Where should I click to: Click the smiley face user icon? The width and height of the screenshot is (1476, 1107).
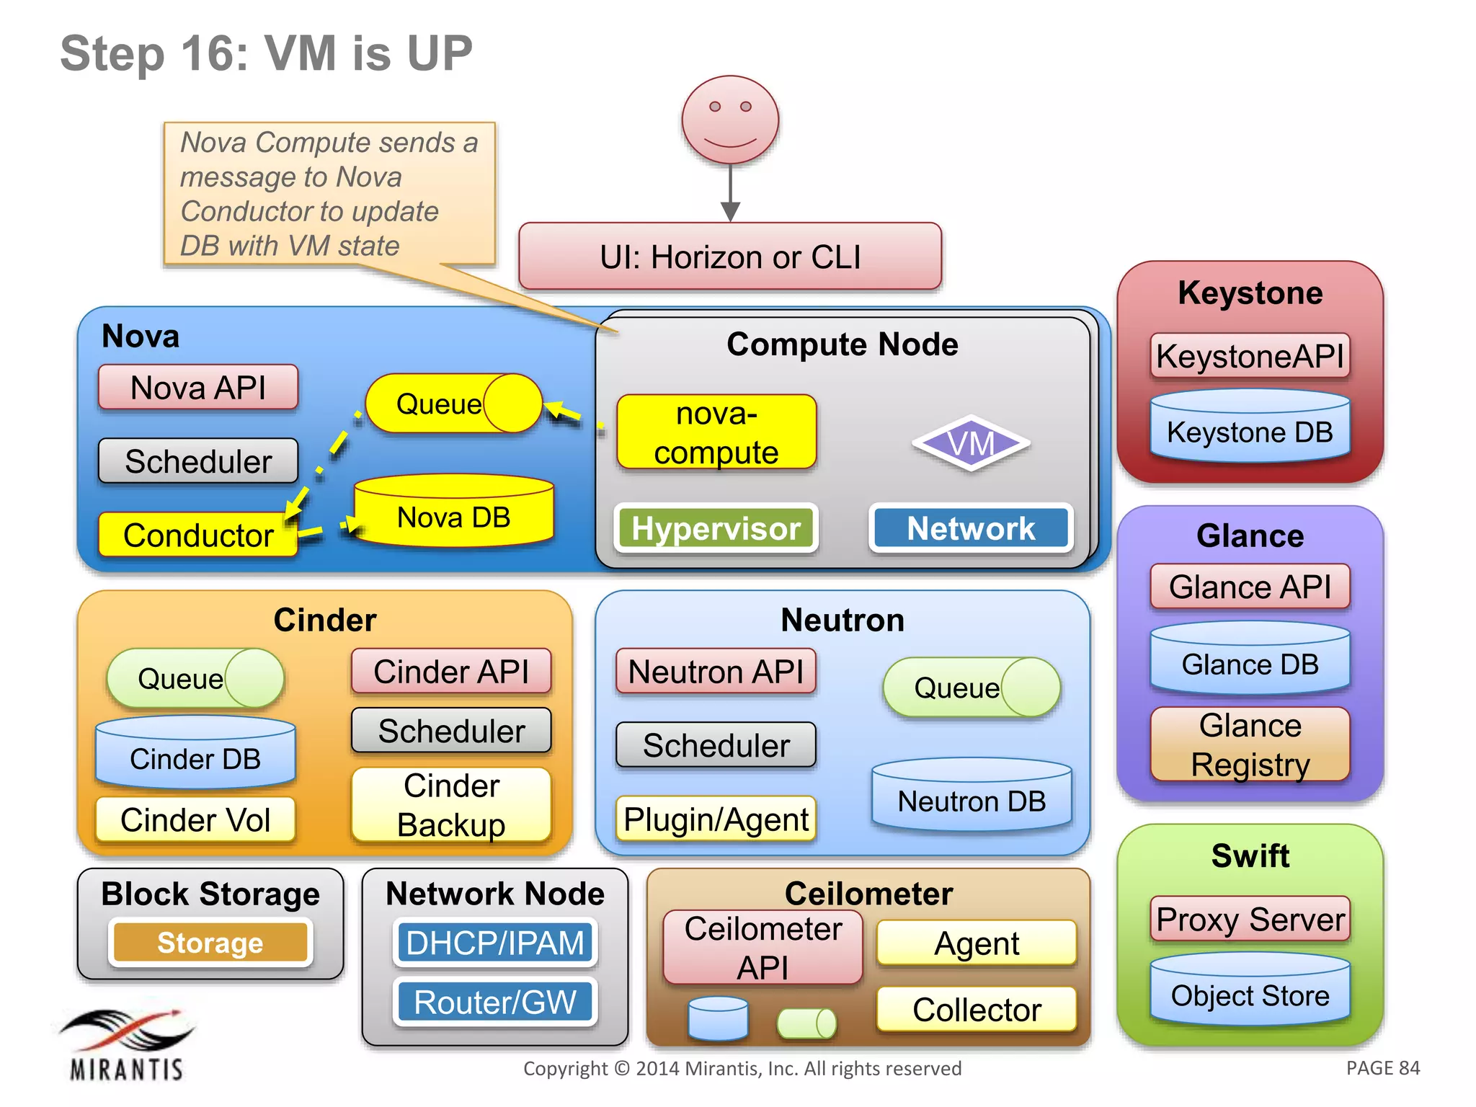coord(730,120)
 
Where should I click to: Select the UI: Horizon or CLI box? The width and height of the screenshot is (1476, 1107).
coord(730,257)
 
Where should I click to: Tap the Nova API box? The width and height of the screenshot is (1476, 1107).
coord(198,388)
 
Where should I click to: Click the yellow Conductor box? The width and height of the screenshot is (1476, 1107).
coord(198,535)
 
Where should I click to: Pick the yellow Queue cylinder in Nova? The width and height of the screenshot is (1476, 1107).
coord(453,404)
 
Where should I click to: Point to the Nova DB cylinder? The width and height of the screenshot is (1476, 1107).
coord(454,512)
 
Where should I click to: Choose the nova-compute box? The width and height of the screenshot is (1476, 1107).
coord(716,432)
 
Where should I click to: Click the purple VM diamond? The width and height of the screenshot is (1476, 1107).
coord(971,443)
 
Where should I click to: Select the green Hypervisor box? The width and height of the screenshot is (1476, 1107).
coord(716,528)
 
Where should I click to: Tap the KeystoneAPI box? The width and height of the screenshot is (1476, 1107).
coord(1250,356)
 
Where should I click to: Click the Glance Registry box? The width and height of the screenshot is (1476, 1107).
coord(1250,744)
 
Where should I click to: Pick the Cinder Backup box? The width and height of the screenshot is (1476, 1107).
coord(451,805)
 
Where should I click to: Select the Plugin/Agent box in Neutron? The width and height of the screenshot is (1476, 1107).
coord(716,819)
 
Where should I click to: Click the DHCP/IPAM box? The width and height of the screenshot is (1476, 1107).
coord(495,943)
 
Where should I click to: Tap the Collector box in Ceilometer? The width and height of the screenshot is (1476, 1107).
coord(977,1009)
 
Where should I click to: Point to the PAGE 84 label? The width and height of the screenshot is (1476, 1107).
coord(1382,1068)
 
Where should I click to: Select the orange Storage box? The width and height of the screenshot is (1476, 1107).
coord(210,943)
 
